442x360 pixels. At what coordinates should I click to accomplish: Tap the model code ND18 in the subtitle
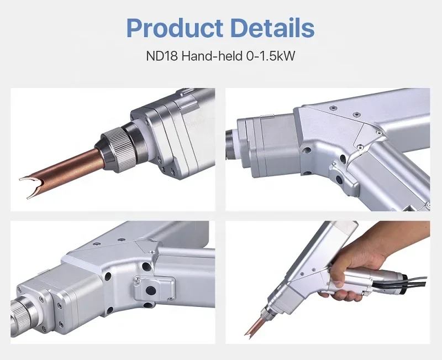(x=159, y=56)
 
